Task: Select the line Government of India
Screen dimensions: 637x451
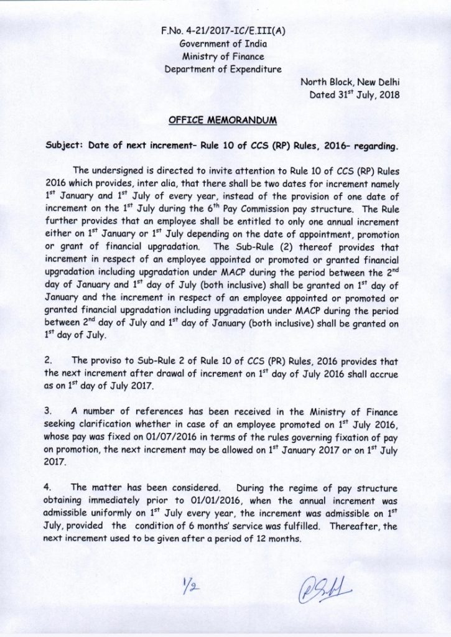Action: (x=222, y=44)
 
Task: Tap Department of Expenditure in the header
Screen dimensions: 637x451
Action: (x=222, y=69)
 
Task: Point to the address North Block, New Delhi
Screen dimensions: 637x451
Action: (x=350, y=82)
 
